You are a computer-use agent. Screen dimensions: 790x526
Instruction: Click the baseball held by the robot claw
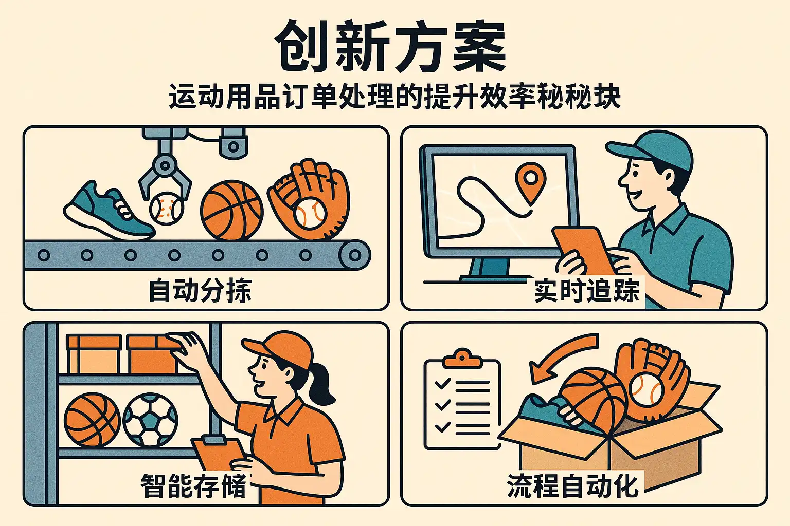(x=167, y=208)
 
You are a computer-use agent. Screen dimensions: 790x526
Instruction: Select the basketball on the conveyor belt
(x=232, y=211)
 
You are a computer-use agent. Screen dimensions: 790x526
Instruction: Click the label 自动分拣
(x=200, y=291)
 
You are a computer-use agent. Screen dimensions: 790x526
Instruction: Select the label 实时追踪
(x=586, y=291)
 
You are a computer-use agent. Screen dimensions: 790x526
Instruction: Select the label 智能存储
(x=193, y=485)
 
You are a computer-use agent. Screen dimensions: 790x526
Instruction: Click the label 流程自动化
(x=573, y=485)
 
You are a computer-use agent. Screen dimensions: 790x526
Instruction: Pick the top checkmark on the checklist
(x=443, y=383)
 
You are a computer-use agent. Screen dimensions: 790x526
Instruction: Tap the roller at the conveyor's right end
(x=354, y=255)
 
